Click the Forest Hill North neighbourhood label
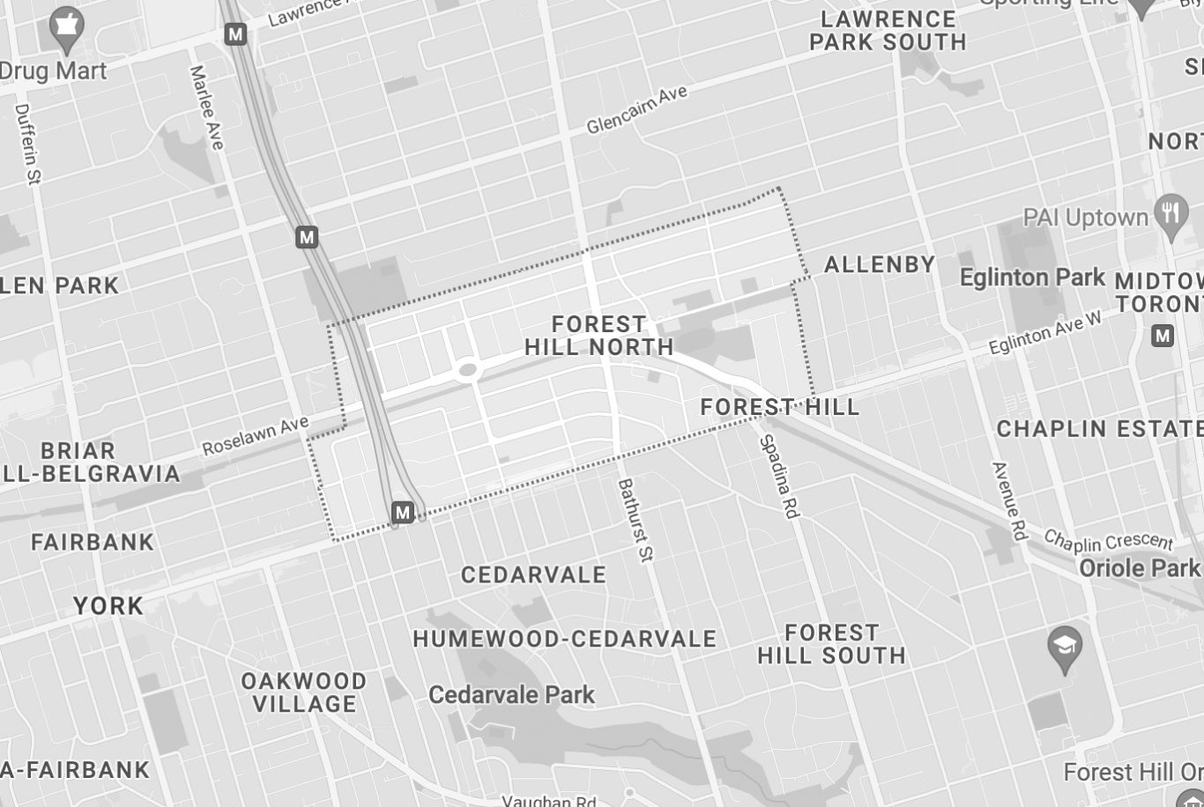(x=598, y=336)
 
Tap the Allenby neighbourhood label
(x=879, y=264)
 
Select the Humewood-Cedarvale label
(x=564, y=639)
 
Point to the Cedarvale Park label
(x=511, y=695)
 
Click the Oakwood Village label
(x=304, y=692)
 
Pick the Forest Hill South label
(x=831, y=644)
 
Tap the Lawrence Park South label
(x=888, y=30)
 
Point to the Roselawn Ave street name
(x=256, y=436)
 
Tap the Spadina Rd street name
(x=778, y=476)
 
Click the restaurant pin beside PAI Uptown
(x=1171, y=216)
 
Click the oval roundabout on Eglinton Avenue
(x=468, y=369)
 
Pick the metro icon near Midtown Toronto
(x=1163, y=336)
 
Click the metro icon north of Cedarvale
(x=403, y=512)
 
